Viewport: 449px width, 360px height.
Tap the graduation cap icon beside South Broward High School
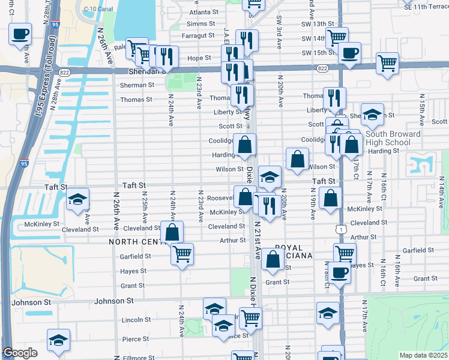tap(372, 114)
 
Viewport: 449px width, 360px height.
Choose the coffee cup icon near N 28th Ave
tap(20, 34)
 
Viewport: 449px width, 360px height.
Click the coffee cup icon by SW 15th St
tap(349, 53)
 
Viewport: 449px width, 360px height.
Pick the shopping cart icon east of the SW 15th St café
tap(388, 62)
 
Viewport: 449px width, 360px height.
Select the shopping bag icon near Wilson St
tap(297, 159)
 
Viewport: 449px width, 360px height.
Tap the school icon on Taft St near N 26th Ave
tap(77, 200)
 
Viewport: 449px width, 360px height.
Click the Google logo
tap(20, 353)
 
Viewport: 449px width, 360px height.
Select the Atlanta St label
tap(203, 12)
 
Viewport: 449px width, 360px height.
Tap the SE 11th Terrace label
tap(425, 6)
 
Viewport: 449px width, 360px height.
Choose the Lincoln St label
tap(136, 320)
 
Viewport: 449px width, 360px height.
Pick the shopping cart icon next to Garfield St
tap(182, 253)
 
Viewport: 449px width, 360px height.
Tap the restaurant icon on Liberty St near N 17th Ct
tap(334, 97)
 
